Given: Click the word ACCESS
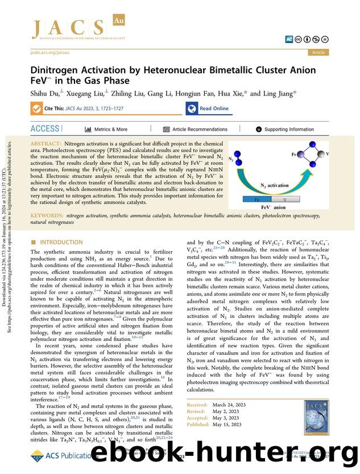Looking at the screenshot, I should click(x=44, y=129).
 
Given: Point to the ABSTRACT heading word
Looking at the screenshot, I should click(x=45, y=145).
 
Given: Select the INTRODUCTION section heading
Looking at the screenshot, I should click(x=61, y=242).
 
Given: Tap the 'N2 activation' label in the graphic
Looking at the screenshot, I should click(x=274, y=185).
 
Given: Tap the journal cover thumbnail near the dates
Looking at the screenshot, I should click(x=316, y=414).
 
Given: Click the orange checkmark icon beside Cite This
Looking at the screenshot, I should click(x=36, y=108).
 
